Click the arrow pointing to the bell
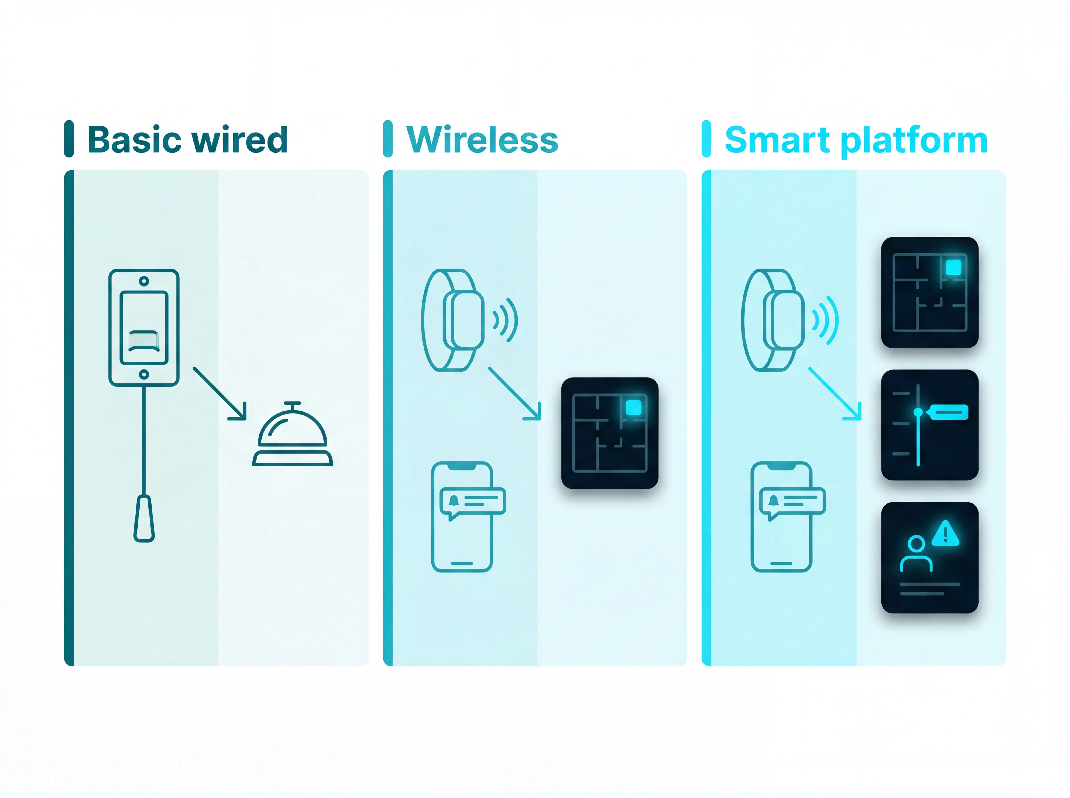(220, 394)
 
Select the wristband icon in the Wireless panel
(453, 320)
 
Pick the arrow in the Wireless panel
(515, 394)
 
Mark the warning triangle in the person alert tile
(945, 533)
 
